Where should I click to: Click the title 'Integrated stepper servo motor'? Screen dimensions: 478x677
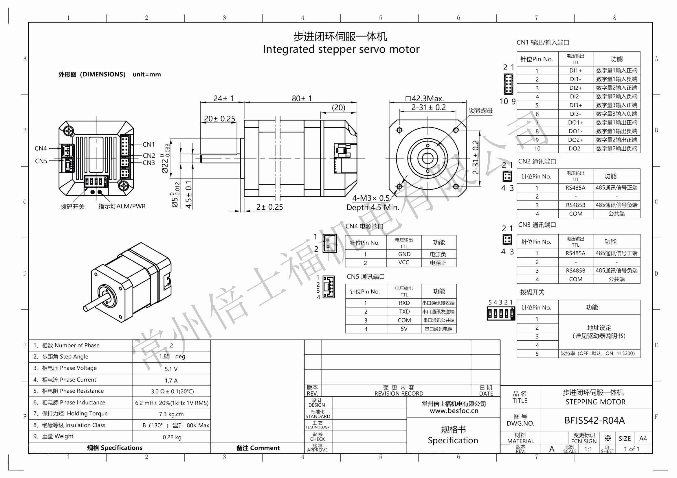tap(341, 49)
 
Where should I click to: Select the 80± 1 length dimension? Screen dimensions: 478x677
tap(301, 98)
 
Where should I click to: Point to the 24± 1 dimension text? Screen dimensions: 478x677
tap(223, 98)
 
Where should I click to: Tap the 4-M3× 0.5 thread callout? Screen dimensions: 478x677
tap(371, 198)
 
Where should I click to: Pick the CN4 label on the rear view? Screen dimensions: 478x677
tap(41, 148)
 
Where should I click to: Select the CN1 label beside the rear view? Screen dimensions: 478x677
tap(148, 144)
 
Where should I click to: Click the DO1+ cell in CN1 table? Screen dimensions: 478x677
tap(575, 123)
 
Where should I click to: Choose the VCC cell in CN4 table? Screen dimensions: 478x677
tap(403, 262)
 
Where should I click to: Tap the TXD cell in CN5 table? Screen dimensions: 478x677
tap(404, 311)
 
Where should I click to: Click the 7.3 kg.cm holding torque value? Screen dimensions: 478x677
tap(171, 414)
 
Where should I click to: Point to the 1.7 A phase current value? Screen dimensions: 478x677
tap(171, 381)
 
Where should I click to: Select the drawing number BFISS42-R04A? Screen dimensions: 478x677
tap(594, 420)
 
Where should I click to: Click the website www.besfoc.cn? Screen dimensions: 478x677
tap(454, 411)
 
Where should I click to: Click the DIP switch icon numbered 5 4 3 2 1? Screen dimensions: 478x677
tap(501, 313)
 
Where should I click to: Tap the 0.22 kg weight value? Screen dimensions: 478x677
tap(172, 437)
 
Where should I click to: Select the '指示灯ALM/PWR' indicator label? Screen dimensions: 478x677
tap(122, 206)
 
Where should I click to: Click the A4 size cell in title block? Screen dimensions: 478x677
tap(643, 438)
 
